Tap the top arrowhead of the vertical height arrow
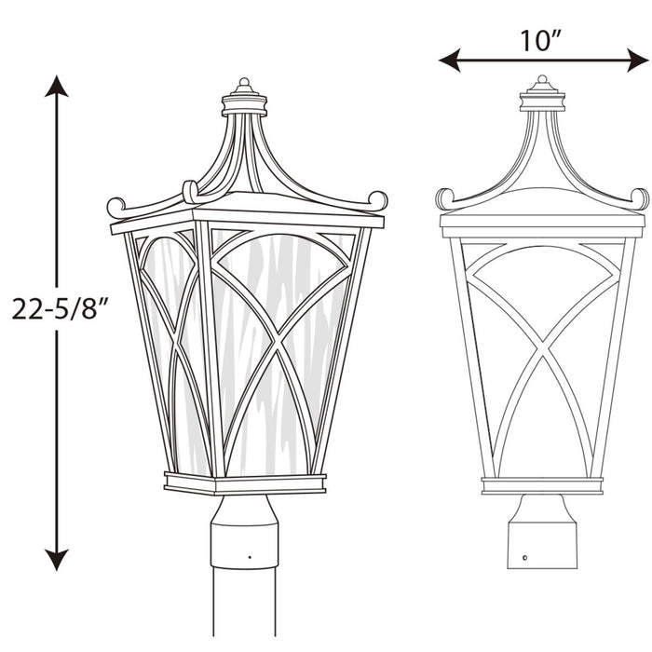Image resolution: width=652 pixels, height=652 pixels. [57, 87]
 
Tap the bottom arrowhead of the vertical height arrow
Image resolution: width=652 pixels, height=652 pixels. [57, 559]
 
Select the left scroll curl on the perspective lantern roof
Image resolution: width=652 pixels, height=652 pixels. [115, 206]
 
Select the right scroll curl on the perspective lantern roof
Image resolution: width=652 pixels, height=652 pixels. [377, 199]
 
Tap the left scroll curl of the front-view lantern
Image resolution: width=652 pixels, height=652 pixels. [444, 197]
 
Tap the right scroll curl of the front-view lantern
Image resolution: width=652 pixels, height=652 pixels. [640, 197]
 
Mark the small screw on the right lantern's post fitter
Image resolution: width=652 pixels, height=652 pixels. [525, 559]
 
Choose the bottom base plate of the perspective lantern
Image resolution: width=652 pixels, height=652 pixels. [245, 482]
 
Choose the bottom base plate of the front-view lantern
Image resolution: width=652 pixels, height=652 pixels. [541, 485]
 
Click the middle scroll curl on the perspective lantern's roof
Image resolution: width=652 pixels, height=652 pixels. [190, 191]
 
